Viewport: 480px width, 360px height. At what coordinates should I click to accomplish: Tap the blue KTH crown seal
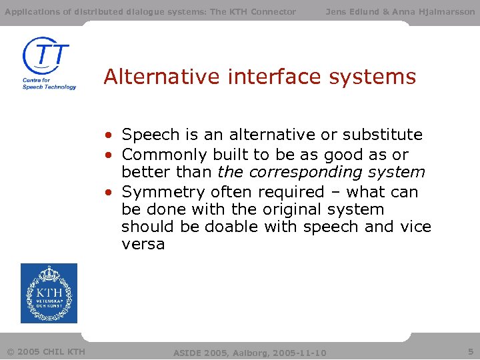tap(49, 293)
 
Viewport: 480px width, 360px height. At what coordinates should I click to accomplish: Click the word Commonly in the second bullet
tap(165, 155)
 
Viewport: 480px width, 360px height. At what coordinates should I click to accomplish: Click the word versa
tap(143, 244)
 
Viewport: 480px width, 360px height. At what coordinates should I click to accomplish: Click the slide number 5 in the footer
tap(470, 351)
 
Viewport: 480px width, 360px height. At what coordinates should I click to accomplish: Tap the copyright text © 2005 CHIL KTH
tap(46, 351)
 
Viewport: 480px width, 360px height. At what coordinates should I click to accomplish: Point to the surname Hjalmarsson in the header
tap(447, 11)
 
